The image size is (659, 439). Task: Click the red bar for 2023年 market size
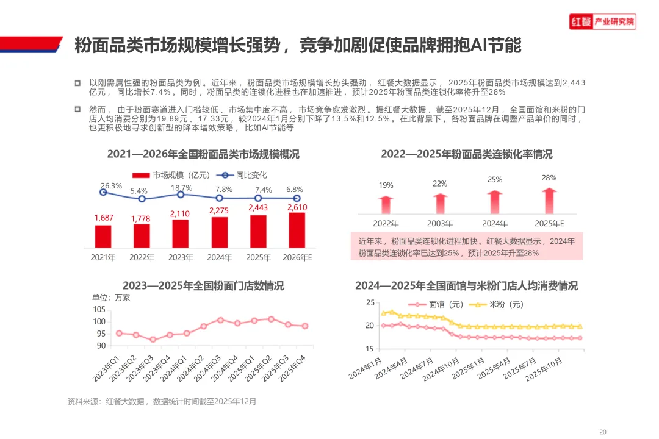(x=180, y=234)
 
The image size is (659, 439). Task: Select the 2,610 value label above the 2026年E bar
(x=297, y=207)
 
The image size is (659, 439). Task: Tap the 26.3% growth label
(x=112, y=186)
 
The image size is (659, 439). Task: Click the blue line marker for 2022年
(x=142, y=199)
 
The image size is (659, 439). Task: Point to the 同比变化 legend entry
(x=242, y=175)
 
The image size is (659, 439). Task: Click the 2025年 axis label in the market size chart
(x=258, y=257)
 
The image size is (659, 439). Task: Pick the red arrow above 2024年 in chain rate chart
(x=495, y=202)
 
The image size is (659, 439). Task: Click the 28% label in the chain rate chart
(x=549, y=178)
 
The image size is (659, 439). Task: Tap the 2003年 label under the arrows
(x=440, y=224)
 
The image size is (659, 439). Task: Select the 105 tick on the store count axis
(x=99, y=310)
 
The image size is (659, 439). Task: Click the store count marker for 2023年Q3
(x=153, y=340)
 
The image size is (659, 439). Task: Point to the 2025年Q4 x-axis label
(x=292, y=368)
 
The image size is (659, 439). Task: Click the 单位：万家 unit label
(x=111, y=298)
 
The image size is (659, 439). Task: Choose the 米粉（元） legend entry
(x=496, y=305)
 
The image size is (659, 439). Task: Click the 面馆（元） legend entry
(x=436, y=305)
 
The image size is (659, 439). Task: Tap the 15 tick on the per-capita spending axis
(x=369, y=349)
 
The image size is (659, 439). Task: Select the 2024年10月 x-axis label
(x=441, y=369)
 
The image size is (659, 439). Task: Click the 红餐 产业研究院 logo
(x=603, y=21)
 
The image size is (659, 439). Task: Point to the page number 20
(x=603, y=432)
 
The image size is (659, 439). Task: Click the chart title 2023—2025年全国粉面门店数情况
(x=203, y=286)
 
